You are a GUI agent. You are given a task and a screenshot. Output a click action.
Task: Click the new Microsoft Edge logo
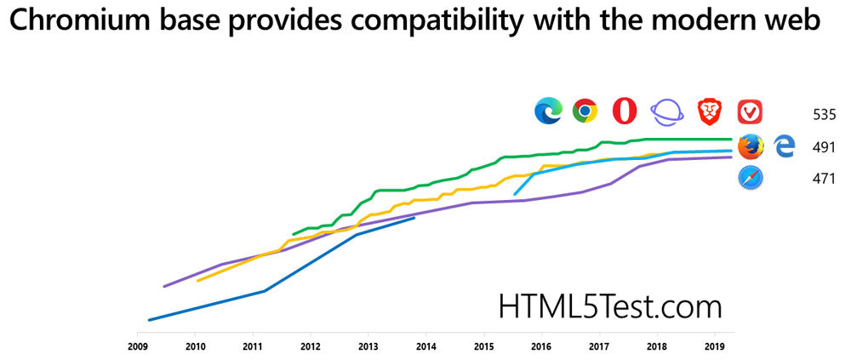[548, 111]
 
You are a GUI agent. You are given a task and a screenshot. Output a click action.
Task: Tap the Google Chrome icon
[585, 111]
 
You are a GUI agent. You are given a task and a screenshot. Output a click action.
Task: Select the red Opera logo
[625, 111]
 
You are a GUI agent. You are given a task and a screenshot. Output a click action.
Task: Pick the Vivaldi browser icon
[750, 111]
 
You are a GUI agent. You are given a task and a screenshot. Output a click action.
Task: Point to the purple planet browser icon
[667, 111]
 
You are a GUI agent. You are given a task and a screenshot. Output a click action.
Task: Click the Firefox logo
[750, 146]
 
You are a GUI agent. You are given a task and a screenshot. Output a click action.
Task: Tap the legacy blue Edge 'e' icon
[784, 146]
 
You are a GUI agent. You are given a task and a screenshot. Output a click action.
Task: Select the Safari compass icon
[750, 179]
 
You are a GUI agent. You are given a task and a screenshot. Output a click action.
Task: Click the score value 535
[824, 114]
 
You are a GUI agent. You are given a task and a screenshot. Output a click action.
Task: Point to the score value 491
[824, 147]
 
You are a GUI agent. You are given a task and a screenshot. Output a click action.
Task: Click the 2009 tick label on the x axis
[137, 347]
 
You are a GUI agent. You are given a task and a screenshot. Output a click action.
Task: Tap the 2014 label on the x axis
[425, 347]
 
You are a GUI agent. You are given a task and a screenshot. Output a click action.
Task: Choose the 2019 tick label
[714, 347]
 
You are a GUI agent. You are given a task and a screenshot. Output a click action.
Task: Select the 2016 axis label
[540, 347]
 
